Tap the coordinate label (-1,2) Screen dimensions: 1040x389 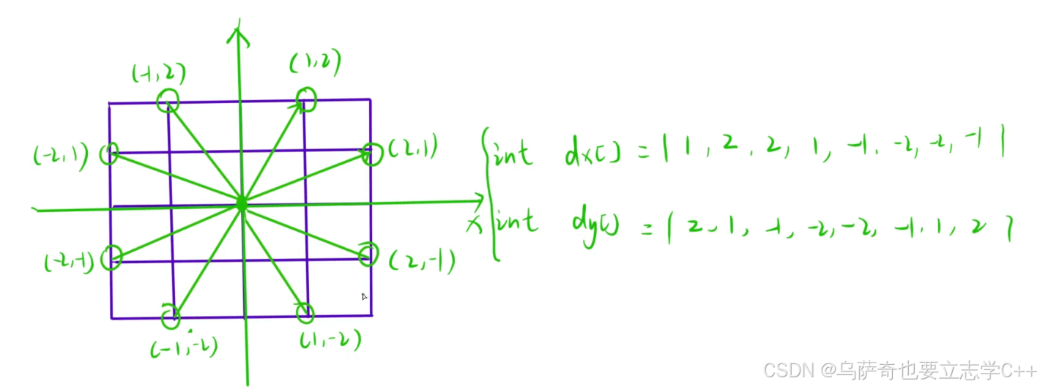(158, 73)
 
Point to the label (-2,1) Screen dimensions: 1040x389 (60, 155)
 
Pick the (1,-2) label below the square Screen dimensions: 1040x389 (330, 341)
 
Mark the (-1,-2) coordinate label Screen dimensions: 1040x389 (184, 348)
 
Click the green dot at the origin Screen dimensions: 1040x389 (241, 205)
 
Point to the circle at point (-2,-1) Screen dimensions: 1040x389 (111, 257)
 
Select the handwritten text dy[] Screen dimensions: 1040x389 (595, 224)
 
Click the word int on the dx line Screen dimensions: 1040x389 (515, 155)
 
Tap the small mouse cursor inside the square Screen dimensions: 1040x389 (364, 296)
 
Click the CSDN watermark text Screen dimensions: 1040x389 (899, 370)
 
